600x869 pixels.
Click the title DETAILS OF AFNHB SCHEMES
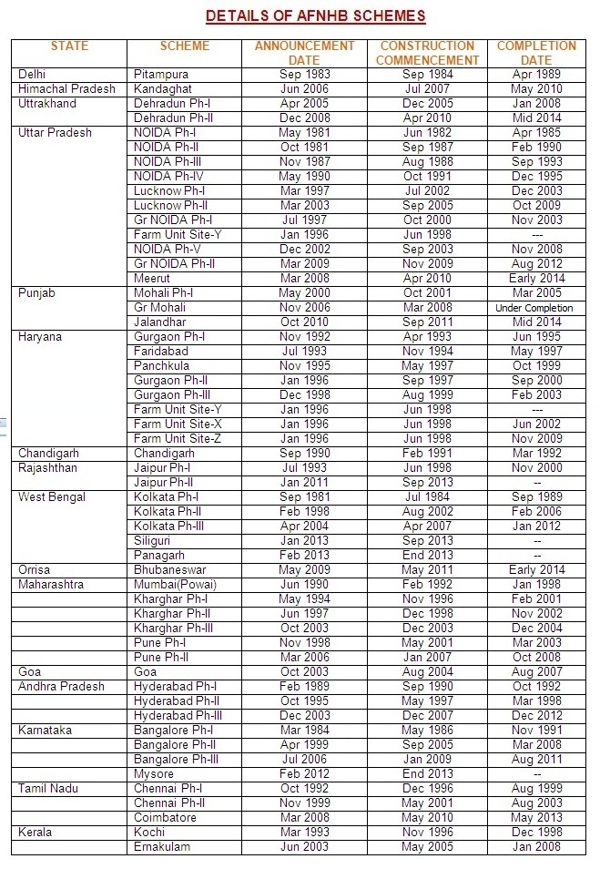(315, 15)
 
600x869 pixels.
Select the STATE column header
(70, 46)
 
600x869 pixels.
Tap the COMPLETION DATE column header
(536, 53)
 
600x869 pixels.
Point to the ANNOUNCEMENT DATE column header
(305, 53)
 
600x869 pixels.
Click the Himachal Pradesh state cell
(67, 89)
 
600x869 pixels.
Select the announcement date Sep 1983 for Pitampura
(305, 75)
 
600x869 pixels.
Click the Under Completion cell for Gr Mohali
(535, 308)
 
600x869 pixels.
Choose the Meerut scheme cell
(152, 279)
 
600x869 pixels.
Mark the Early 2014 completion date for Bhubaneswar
(537, 570)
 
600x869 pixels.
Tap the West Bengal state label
(52, 497)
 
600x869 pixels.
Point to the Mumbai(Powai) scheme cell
(175, 585)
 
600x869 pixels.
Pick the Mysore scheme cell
(154, 774)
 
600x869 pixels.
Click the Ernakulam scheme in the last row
(161, 847)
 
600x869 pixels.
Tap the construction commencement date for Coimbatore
(426, 818)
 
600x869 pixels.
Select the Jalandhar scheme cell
(160, 322)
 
